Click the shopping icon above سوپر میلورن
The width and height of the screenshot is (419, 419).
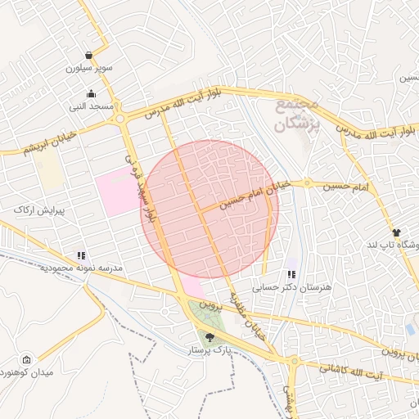(x=88, y=56)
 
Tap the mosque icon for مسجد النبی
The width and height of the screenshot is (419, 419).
(x=90, y=93)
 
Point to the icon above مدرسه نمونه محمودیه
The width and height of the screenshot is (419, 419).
(x=81, y=256)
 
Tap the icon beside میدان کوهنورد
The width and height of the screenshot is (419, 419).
(x=27, y=360)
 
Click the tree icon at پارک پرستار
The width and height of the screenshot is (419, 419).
(x=210, y=336)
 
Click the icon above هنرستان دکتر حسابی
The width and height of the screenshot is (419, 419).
(x=292, y=274)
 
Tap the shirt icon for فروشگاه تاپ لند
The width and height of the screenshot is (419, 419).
(x=397, y=233)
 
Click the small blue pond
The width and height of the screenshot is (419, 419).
(x=409, y=329)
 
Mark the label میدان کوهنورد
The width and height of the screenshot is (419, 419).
(x=61, y=374)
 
